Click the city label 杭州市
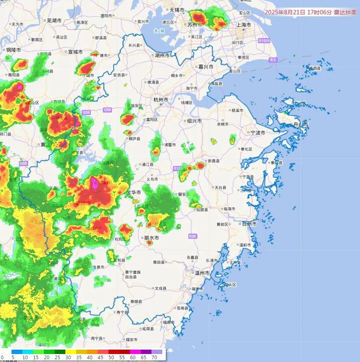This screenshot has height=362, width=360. [161, 100]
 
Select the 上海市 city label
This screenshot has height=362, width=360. [243, 25]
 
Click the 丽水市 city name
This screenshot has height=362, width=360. [151, 238]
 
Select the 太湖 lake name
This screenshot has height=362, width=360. [159, 31]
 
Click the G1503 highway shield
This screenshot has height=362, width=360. [264, 41]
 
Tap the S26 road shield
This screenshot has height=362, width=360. [193, 236]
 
